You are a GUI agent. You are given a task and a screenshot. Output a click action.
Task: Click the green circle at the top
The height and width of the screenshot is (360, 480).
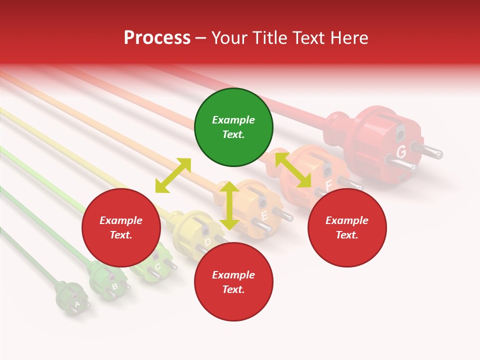[233, 127]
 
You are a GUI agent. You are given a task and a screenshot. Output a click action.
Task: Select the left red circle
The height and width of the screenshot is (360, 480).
[121, 227]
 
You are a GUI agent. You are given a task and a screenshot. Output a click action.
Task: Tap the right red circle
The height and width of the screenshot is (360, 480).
[347, 227]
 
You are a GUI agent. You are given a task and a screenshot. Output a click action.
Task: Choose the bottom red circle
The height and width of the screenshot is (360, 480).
[233, 282]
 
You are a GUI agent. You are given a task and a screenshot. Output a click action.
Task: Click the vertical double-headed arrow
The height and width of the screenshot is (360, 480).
[229, 205]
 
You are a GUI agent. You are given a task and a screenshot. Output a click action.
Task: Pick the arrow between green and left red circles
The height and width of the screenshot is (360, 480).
[173, 175]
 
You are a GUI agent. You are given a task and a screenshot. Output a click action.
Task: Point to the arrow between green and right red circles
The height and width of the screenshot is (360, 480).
[293, 170]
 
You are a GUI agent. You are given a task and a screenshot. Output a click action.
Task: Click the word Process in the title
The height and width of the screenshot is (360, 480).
[157, 37]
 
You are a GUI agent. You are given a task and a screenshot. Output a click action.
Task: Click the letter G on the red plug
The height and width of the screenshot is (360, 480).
[401, 151]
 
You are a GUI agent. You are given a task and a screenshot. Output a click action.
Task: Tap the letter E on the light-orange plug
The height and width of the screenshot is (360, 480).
[264, 216]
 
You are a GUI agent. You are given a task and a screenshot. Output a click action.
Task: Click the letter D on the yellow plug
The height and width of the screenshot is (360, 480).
[207, 242]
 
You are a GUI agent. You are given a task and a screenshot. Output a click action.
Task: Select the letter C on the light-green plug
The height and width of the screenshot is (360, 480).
[157, 267]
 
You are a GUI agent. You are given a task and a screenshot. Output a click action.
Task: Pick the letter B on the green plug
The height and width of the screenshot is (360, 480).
[114, 286]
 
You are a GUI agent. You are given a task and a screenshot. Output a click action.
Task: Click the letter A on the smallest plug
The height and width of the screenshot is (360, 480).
[77, 303]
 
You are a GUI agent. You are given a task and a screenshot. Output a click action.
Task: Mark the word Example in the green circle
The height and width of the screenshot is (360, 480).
[233, 120]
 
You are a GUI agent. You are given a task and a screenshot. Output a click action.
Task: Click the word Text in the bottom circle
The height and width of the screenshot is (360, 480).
[232, 289]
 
